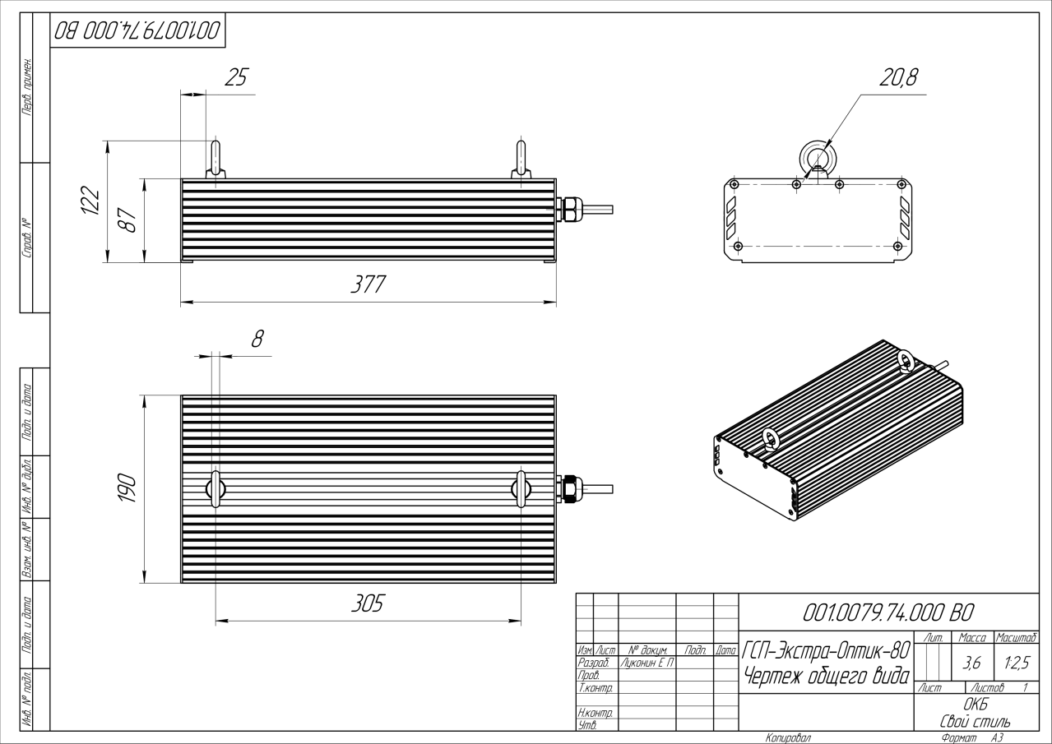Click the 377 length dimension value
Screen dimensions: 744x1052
367,284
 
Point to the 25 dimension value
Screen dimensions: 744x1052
235,77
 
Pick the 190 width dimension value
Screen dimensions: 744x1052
128,489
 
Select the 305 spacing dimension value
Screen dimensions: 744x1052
367,603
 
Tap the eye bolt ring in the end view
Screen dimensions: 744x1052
817,156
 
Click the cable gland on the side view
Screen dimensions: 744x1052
568,209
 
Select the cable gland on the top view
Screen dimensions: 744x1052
568,489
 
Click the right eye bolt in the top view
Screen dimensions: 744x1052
521,488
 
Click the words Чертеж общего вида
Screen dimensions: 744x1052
826,677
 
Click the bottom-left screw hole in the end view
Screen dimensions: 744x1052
738,246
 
